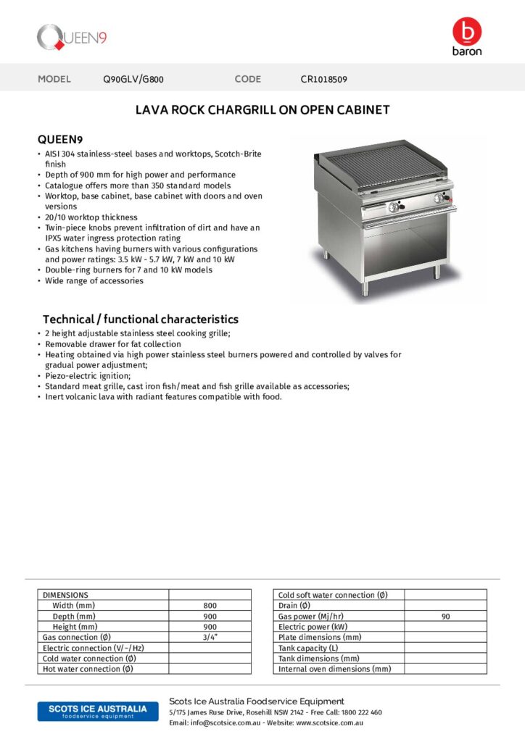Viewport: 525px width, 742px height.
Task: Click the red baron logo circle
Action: [466, 32]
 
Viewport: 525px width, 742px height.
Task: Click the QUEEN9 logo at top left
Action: [72, 36]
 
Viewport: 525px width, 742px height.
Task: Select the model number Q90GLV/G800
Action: [139, 79]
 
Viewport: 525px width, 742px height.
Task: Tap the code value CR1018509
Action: [324, 79]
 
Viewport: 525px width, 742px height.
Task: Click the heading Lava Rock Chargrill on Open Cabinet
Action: [262, 110]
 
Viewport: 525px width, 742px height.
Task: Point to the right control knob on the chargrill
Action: [437, 201]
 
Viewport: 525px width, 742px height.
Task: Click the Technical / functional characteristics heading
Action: [140, 319]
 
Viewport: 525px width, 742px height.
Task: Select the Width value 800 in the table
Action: [210, 605]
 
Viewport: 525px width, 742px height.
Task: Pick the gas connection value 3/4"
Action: [210, 637]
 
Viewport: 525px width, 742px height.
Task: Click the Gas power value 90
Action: [445, 616]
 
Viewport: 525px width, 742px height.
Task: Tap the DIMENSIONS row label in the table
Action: [66, 595]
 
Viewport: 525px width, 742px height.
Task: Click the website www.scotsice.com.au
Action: [329, 722]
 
